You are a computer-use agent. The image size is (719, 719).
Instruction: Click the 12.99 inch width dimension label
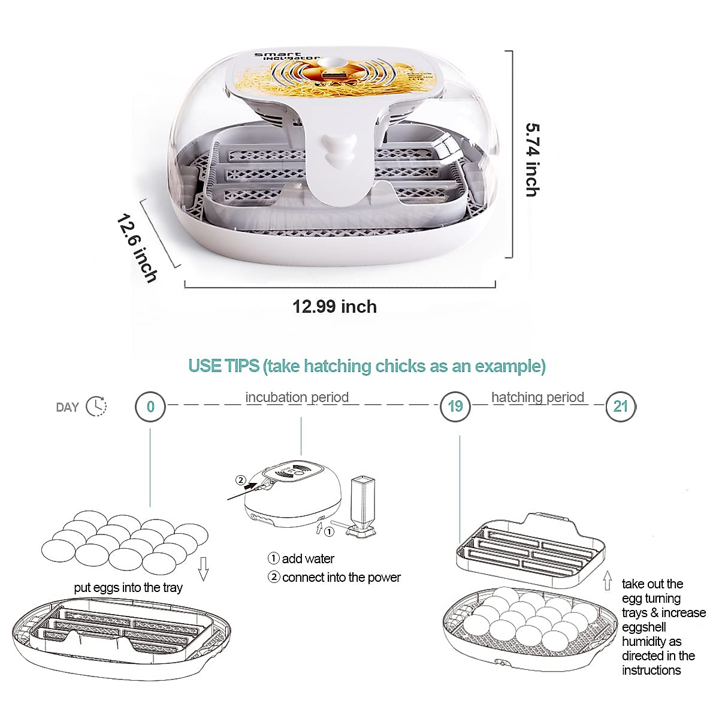click(334, 307)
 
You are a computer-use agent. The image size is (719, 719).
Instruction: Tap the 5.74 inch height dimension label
click(531, 160)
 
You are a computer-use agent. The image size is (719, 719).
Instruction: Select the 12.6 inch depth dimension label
click(137, 249)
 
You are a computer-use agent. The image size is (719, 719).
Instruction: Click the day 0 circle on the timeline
click(150, 407)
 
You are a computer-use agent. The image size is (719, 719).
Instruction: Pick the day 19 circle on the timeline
click(455, 407)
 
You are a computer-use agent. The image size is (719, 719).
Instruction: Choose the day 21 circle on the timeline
click(620, 407)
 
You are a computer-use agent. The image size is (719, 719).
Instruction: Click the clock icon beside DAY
click(96, 406)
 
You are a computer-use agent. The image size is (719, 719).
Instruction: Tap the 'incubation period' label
click(297, 397)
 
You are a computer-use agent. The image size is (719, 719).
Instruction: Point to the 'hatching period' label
click(537, 397)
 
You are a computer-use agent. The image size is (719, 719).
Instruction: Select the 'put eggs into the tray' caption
click(128, 588)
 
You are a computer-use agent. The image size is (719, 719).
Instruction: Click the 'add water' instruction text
click(308, 559)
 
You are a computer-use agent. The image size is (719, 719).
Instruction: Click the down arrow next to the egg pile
click(203, 569)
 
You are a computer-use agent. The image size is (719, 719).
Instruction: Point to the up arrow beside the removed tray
click(608, 581)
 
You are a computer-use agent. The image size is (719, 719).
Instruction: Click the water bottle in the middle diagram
click(361, 507)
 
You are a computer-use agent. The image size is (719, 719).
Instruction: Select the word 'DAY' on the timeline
click(67, 407)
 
